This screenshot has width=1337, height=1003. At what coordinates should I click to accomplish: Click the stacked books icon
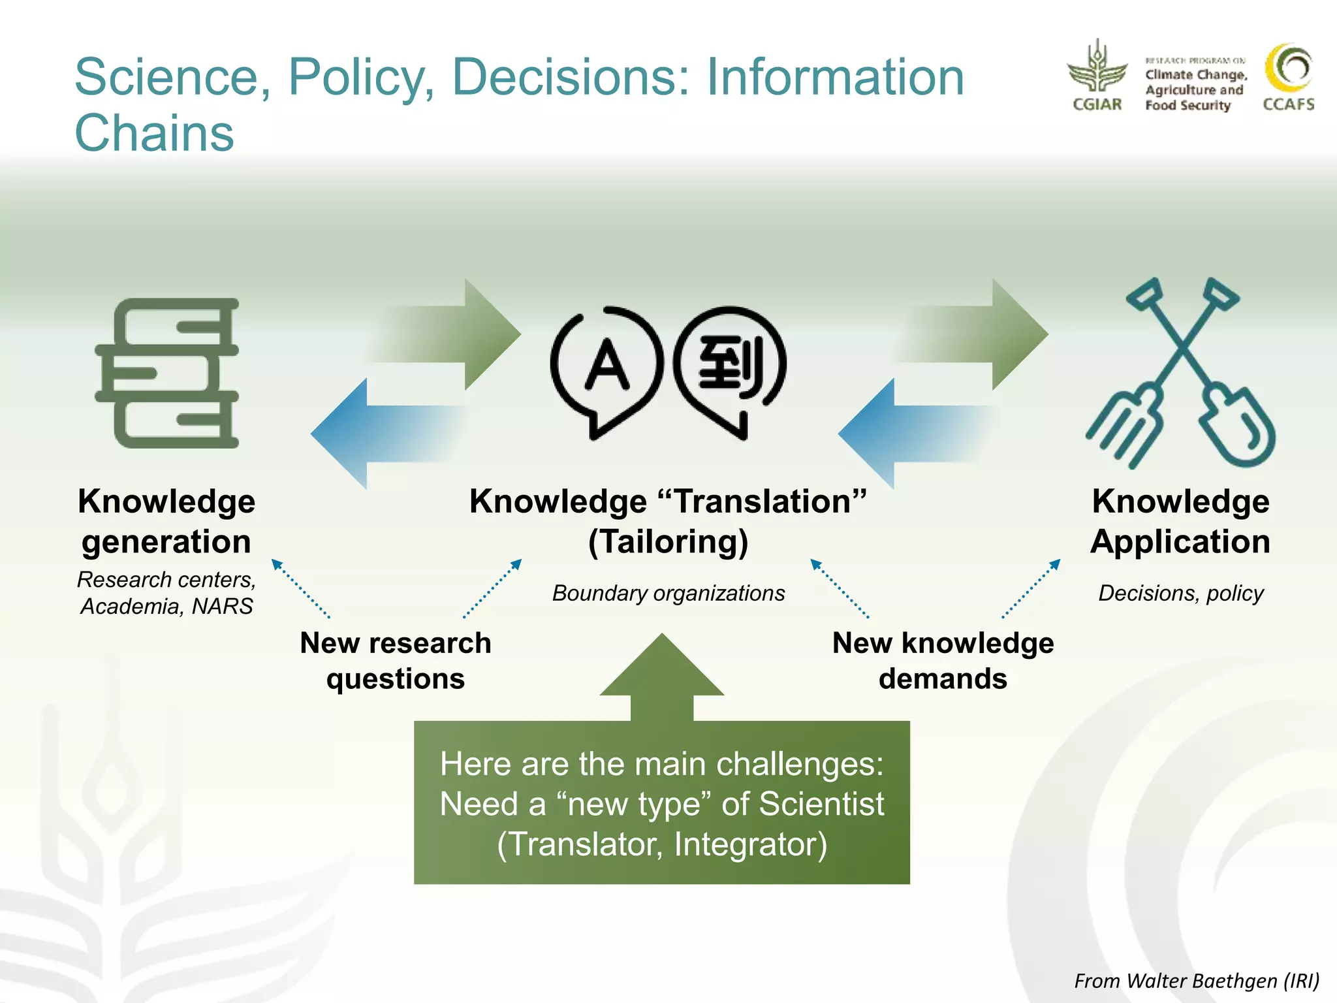[x=167, y=374]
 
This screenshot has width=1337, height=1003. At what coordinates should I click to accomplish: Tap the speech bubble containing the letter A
[x=606, y=369]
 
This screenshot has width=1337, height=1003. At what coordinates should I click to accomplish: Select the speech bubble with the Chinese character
[x=730, y=369]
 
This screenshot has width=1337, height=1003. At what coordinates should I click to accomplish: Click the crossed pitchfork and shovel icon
[x=1180, y=374]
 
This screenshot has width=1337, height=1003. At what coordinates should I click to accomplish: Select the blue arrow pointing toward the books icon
[x=385, y=434]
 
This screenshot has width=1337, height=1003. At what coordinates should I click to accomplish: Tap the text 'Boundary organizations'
[x=668, y=593]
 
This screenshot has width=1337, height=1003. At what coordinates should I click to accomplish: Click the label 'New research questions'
[x=396, y=661]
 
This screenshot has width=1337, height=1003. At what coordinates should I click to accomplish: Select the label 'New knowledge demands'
[x=943, y=661]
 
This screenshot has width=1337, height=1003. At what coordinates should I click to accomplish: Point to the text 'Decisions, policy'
[x=1181, y=593]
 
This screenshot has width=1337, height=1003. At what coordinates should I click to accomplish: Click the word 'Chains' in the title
[x=155, y=133]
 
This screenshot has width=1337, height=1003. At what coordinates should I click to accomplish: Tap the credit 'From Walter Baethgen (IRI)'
[x=1197, y=981]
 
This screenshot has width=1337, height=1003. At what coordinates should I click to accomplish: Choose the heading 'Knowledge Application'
[x=1180, y=521]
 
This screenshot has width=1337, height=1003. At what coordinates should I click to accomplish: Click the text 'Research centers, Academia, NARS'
[x=167, y=593]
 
